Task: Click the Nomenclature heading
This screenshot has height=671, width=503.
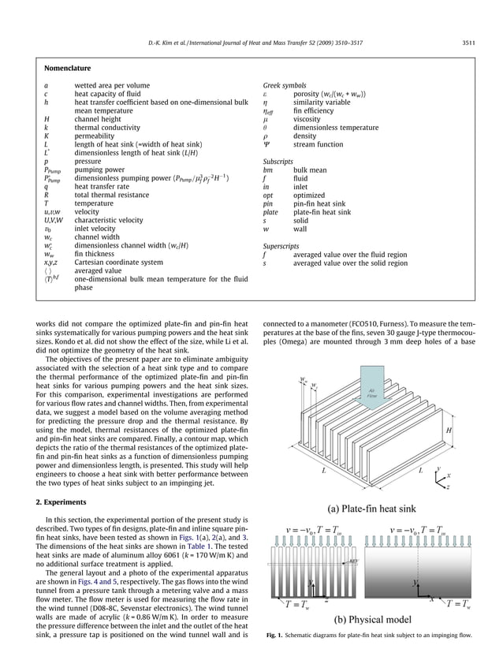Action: point(68,69)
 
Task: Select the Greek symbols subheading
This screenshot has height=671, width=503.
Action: point(285,85)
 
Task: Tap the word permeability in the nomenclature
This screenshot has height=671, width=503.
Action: point(95,136)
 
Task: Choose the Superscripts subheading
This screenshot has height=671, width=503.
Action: point(282,246)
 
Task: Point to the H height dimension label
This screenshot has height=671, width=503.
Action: point(449,431)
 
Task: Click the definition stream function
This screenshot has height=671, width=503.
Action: point(319,144)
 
